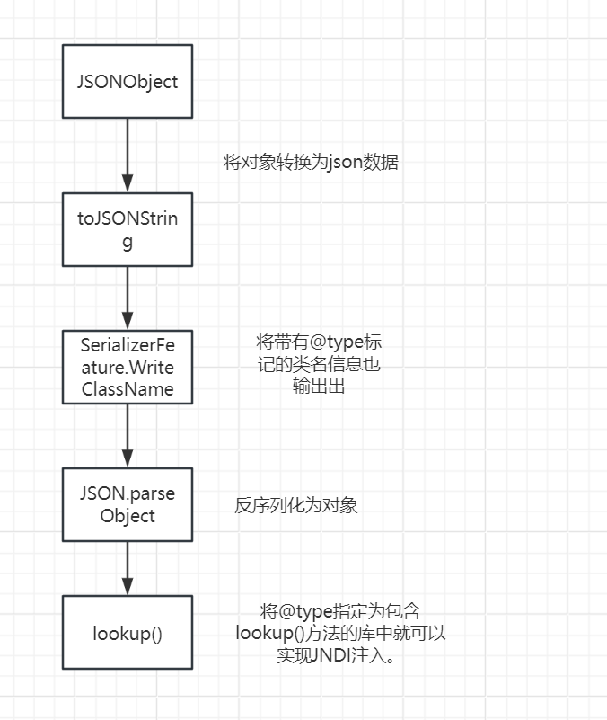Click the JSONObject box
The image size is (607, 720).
tap(127, 81)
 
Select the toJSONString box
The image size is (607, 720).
tap(127, 229)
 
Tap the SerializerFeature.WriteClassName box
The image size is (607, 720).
tap(127, 367)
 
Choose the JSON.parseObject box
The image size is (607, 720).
tap(127, 504)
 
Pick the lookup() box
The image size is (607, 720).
tap(127, 632)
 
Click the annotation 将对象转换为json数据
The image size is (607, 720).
tap(311, 163)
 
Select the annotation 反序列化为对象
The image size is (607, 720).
tap(296, 505)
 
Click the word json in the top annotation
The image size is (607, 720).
tap(347, 163)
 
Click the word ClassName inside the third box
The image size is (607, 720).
tap(127, 389)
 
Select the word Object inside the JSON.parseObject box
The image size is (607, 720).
tap(128, 516)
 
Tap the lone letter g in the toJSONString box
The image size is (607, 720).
tap(127, 242)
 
